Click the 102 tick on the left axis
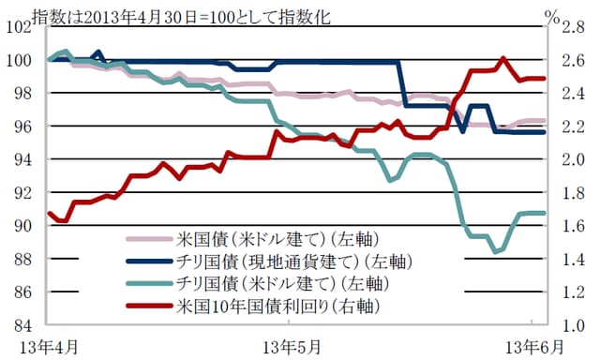[18, 26]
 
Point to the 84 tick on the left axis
[18, 325]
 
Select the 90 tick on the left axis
[18, 226]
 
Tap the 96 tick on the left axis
[18, 127]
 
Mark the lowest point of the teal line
[497, 251]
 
